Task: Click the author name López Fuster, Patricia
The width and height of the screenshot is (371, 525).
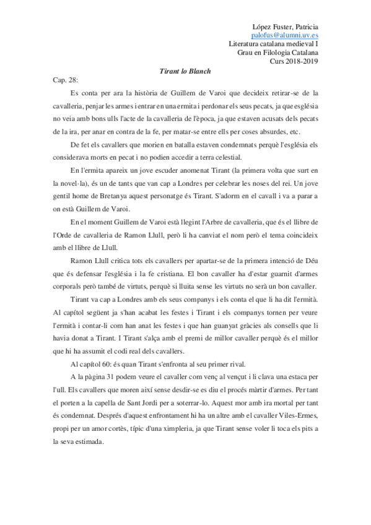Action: click(x=287, y=27)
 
